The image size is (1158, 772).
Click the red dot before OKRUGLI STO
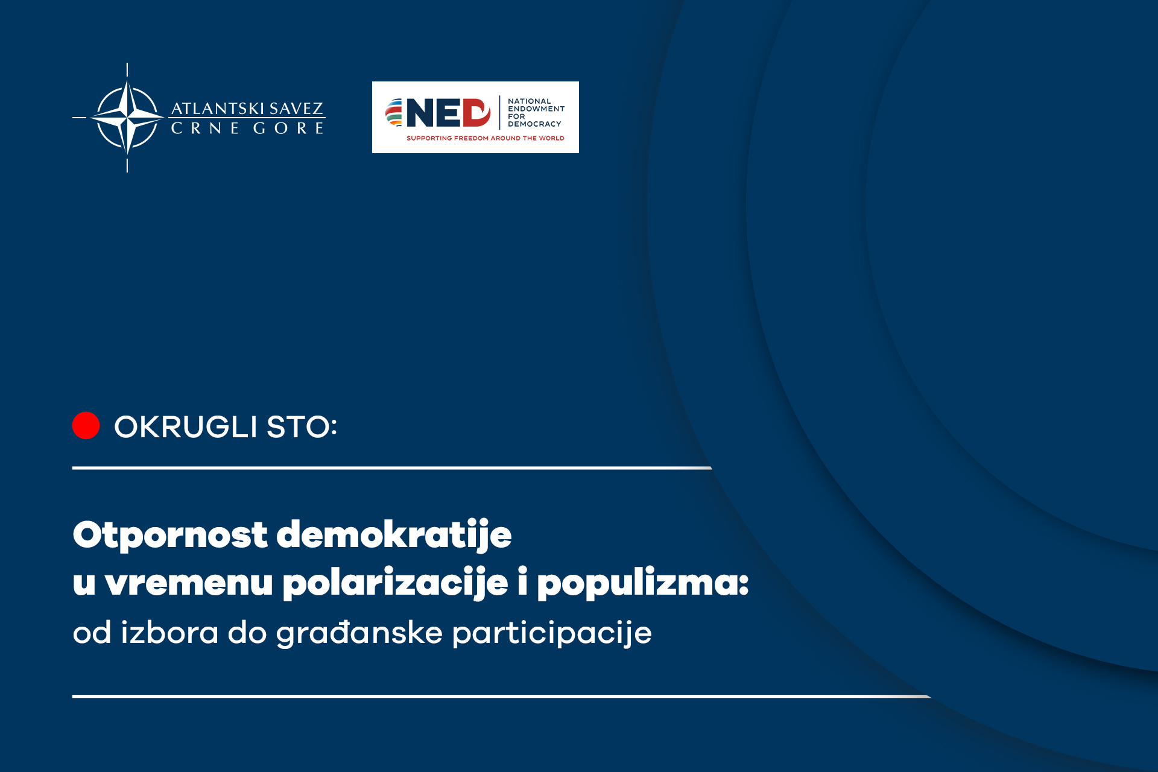click(86, 426)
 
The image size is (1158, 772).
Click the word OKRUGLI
click(186, 427)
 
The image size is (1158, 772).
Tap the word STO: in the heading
click(302, 427)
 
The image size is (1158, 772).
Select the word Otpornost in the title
click(170, 535)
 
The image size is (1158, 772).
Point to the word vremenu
click(189, 583)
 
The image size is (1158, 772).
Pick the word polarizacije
click(396, 583)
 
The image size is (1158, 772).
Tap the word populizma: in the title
click(643, 583)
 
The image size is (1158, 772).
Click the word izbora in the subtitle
click(169, 633)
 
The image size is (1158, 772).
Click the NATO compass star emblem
click(127, 118)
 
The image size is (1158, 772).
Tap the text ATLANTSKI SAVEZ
click(247, 109)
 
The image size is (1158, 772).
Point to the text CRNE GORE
click(247, 128)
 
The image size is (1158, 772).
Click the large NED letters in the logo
click(448, 113)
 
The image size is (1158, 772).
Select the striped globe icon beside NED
click(394, 113)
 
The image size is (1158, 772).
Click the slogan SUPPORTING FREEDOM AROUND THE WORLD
click(486, 138)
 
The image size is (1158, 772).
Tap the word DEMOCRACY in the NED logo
click(534, 124)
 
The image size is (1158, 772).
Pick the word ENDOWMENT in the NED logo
click(536, 109)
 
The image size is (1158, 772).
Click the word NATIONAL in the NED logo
click(530, 101)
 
